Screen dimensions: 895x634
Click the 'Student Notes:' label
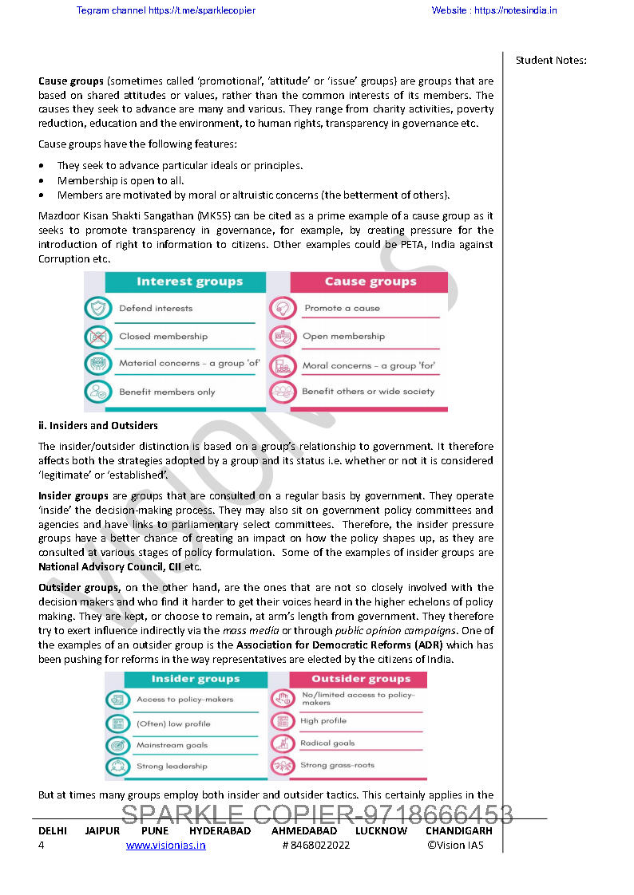pos(551,61)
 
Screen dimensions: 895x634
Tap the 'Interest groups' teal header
pos(189,282)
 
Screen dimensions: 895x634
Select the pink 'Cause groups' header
pos(370,282)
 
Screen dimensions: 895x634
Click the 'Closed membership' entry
pos(163,337)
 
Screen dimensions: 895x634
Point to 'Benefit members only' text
pos(167,392)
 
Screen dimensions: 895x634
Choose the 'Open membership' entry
pos(343,337)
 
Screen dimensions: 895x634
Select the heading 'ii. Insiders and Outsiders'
pos(98,426)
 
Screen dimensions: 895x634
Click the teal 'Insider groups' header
pos(195,680)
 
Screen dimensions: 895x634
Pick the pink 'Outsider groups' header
pos(360,680)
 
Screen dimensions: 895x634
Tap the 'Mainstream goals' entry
pos(172,745)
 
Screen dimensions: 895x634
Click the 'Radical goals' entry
pos(327,743)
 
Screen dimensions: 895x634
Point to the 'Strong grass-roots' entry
pos(337,766)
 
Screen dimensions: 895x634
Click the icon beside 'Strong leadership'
pos(117,767)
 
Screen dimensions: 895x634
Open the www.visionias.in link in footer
pos(165,846)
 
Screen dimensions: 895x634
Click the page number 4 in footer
pos(42,846)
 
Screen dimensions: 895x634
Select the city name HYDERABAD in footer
pos(220,831)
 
